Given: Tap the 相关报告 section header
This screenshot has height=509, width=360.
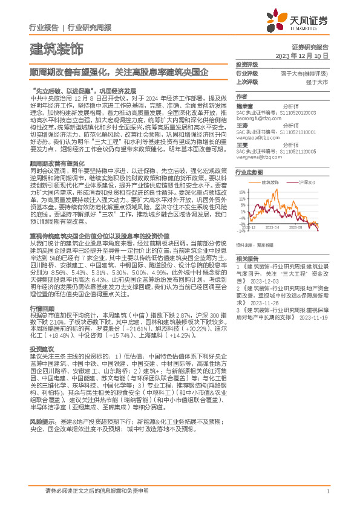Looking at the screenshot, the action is [246, 256].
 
